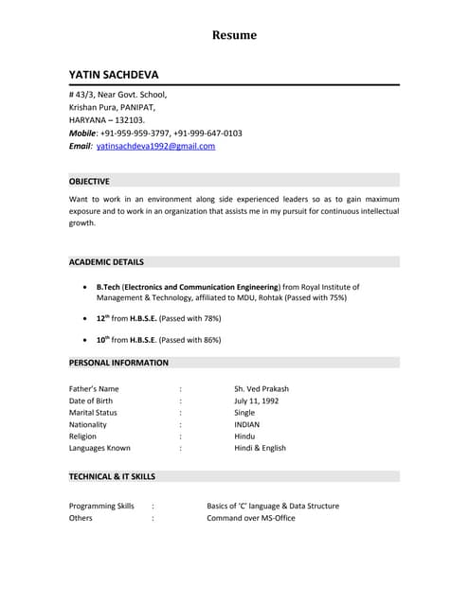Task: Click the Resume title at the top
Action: pyautogui.click(x=234, y=35)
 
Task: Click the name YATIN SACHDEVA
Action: pyautogui.click(x=114, y=74)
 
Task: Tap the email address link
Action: pyautogui.click(x=155, y=146)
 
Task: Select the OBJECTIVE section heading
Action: pyautogui.click(x=89, y=181)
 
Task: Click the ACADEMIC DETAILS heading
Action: pyautogui.click(x=106, y=261)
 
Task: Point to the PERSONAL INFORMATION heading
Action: pyautogui.click(x=118, y=363)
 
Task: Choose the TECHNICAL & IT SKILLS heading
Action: pyautogui.click(x=112, y=476)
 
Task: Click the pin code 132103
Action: pyautogui.click(x=131, y=120)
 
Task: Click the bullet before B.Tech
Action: pyautogui.click(x=87, y=286)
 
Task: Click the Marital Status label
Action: pyautogui.click(x=93, y=413)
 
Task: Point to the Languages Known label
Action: pyautogui.click(x=99, y=448)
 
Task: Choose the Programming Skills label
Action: pyautogui.click(x=101, y=506)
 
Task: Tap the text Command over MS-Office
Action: pyautogui.click(x=250, y=518)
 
